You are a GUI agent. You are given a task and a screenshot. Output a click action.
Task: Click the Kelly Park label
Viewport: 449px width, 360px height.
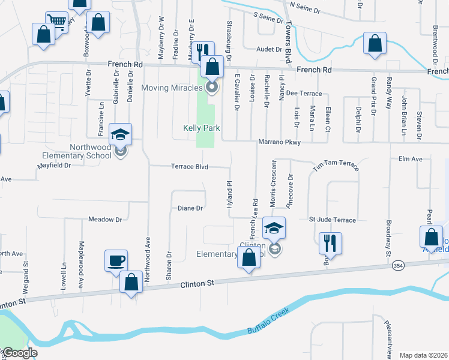(202, 128)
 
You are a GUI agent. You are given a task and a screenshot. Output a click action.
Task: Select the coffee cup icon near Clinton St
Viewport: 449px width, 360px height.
(116, 262)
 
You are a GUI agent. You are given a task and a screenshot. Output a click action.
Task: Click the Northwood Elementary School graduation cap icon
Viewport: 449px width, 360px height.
(121, 135)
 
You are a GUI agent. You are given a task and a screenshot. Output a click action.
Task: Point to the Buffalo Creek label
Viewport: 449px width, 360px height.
(268, 322)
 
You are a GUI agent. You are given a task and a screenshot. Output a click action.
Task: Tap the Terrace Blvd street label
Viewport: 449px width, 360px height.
(190, 167)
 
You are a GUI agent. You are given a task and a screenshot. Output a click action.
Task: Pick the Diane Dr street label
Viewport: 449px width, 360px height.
(191, 208)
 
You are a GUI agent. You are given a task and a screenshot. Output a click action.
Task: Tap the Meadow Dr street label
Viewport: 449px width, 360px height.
(105, 220)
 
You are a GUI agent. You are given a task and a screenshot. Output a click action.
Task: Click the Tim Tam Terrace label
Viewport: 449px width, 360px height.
(336, 166)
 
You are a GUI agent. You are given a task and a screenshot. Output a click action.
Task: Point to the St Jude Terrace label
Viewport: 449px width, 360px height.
(333, 220)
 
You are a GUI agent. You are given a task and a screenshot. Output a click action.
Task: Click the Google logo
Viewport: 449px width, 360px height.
(19, 353)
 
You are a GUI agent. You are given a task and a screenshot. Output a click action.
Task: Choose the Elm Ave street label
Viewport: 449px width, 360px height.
(411, 159)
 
